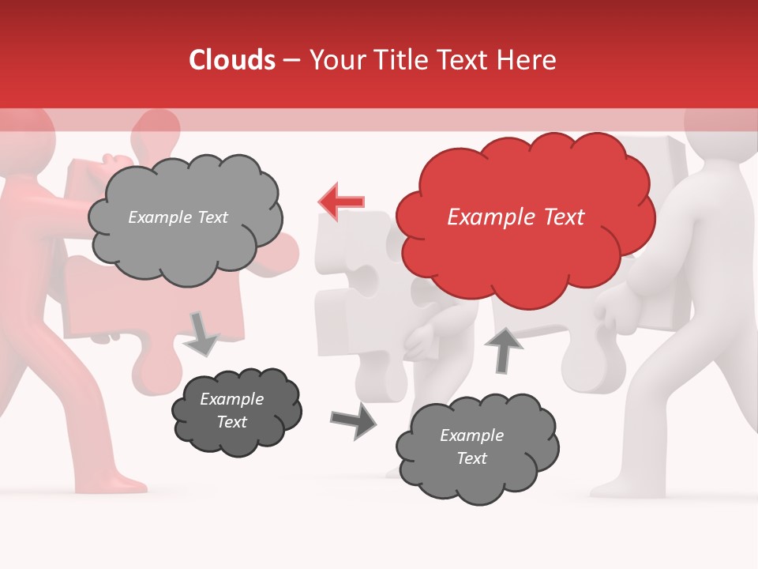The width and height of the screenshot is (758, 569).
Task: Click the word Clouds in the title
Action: pos(232,60)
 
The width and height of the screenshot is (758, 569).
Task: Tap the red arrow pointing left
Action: pos(341,202)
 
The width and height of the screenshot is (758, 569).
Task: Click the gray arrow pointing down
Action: pos(201,333)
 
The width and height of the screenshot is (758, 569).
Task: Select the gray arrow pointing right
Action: pos(353,421)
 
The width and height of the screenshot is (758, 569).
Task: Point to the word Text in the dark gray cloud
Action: pos(231,423)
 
